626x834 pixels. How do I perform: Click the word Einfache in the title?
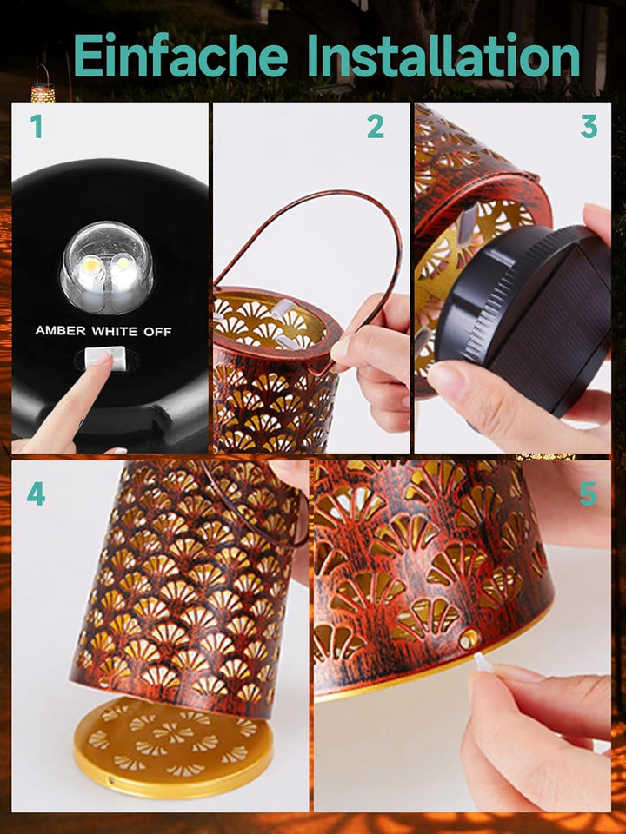click(x=181, y=55)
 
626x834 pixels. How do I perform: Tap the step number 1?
click(x=36, y=127)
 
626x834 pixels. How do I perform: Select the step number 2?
click(x=376, y=127)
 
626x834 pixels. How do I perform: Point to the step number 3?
click(x=589, y=127)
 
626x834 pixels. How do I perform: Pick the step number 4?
click(x=36, y=494)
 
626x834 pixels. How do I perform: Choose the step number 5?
click(x=589, y=494)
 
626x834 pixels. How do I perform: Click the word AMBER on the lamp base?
click(x=60, y=331)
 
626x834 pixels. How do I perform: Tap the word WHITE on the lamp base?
click(x=115, y=331)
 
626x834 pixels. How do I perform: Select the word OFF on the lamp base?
click(x=157, y=332)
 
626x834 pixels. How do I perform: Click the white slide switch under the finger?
click(x=106, y=357)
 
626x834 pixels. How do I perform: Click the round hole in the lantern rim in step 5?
click(x=469, y=639)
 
